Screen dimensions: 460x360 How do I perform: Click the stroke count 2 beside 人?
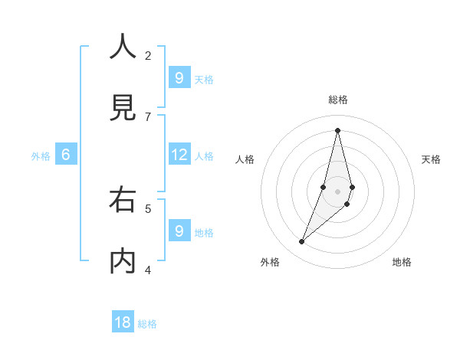[148, 55]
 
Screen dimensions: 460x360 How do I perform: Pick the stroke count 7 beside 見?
[148, 116]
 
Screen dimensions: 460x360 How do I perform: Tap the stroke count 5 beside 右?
[148, 208]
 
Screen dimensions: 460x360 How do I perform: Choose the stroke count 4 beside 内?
[148, 270]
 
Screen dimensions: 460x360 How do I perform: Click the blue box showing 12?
[179, 155]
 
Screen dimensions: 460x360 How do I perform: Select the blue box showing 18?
[123, 322]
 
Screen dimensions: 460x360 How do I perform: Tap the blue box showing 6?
[66, 155]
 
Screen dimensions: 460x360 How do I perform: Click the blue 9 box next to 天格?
[179, 78]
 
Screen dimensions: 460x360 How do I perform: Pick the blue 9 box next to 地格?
[179, 231]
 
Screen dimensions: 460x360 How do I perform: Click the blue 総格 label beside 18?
[147, 324]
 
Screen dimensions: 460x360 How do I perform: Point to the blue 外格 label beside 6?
[41, 156]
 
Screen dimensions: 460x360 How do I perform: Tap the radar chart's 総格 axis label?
[338, 100]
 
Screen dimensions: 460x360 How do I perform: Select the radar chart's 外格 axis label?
[270, 262]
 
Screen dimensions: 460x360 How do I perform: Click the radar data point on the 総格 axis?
[338, 130]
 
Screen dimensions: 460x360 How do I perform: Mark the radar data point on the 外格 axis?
[302, 242]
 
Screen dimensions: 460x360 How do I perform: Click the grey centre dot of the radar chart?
[338, 191]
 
